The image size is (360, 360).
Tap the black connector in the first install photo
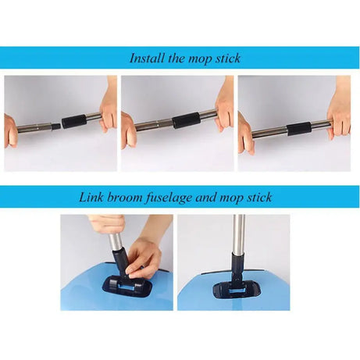pos(73,122)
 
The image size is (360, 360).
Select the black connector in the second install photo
pos(187,119)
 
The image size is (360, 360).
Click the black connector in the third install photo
pos(298,128)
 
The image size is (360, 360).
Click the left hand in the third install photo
pos(246,134)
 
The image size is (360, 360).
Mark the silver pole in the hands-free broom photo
pos(239,234)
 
